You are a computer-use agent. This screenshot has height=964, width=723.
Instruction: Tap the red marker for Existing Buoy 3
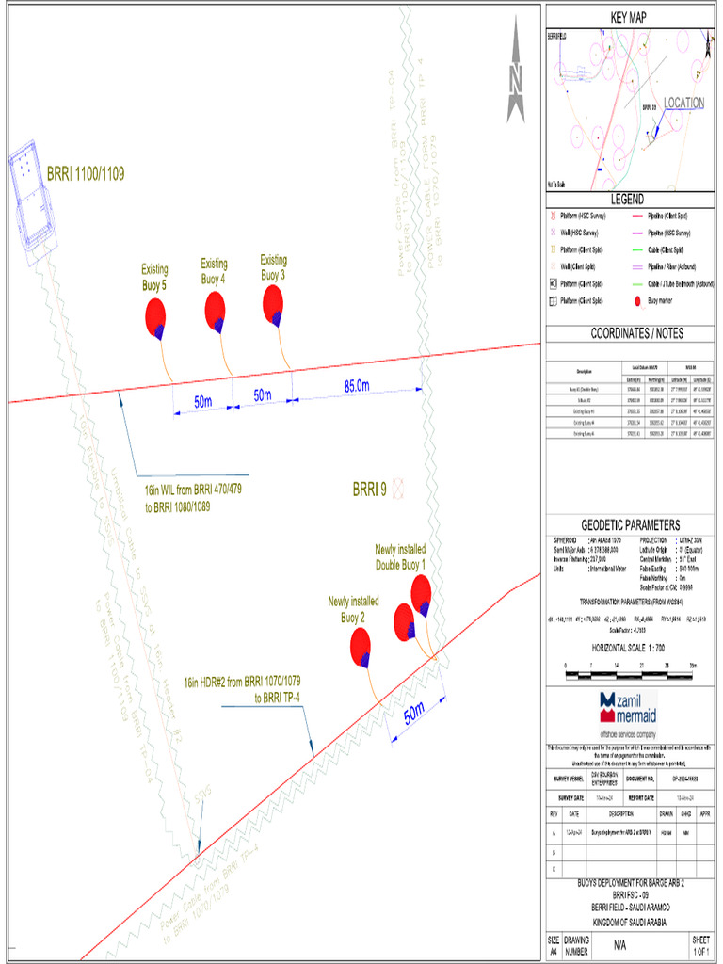pyautogui.click(x=273, y=302)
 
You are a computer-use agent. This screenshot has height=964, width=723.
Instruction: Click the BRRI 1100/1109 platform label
pyautogui.click(x=86, y=174)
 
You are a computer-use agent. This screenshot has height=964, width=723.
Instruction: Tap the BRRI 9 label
pyautogui.click(x=370, y=489)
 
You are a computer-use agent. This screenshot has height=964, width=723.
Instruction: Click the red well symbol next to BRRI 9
pyautogui.click(x=399, y=488)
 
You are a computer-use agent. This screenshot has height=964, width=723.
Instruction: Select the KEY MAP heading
pyautogui.click(x=628, y=18)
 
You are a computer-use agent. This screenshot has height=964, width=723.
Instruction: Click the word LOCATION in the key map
pyautogui.click(x=683, y=103)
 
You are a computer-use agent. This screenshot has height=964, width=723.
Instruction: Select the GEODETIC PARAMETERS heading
pyautogui.click(x=630, y=525)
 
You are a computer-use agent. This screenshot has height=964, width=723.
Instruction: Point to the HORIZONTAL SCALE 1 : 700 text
pyautogui.click(x=629, y=650)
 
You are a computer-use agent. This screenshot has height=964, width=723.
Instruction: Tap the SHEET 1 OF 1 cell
pyautogui.click(x=700, y=946)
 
